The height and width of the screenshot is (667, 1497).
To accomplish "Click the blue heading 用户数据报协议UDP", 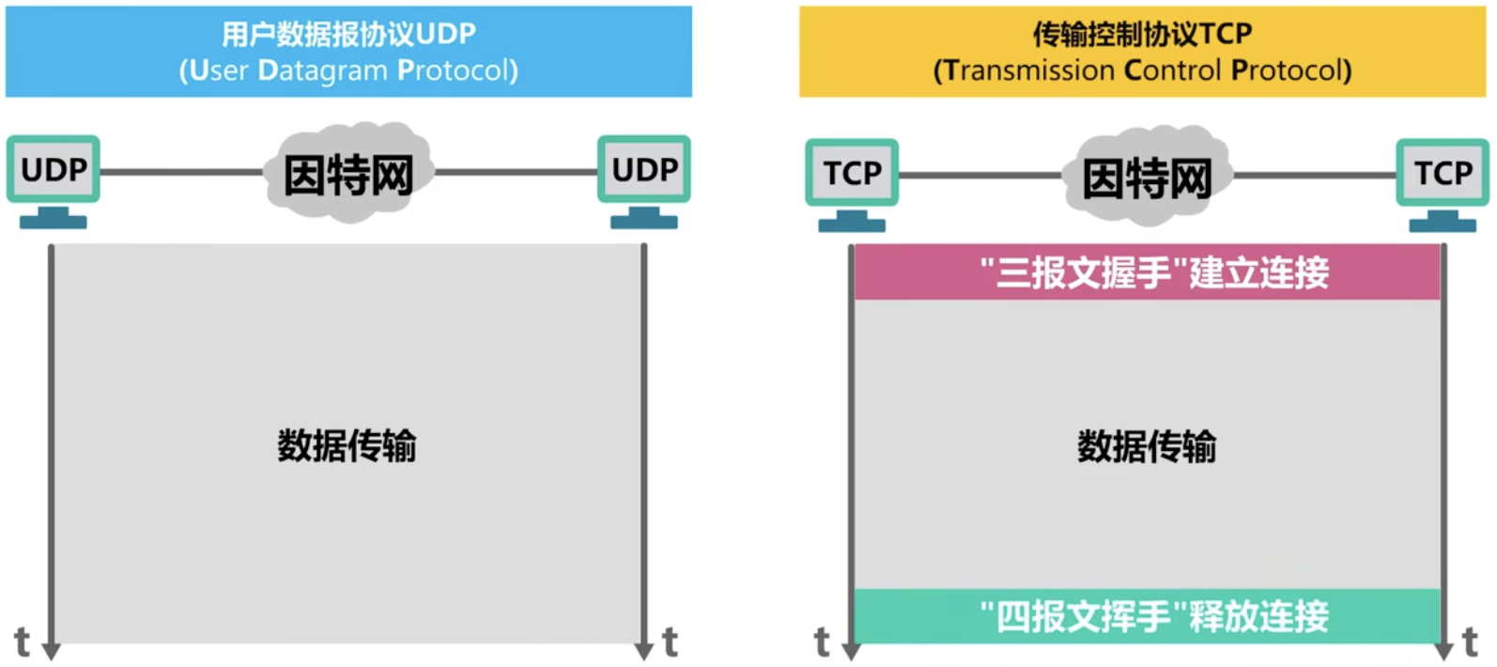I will tap(348, 34).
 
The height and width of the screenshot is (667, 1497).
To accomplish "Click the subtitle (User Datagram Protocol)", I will tap(348, 70).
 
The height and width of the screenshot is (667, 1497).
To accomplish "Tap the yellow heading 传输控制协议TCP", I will tap(1142, 34).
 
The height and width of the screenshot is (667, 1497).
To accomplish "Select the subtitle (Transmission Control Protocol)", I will tap(1142, 70).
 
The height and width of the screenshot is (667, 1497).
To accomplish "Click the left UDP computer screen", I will tap(54, 169).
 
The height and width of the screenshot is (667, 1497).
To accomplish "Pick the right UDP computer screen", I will tap(644, 169).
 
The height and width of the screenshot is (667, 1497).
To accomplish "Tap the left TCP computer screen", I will tap(852, 173).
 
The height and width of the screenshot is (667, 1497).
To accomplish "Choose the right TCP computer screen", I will tap(1443, 173).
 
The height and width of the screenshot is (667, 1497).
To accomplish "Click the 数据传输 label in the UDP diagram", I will tap(347, 445).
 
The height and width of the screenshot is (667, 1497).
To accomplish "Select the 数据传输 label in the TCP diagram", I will tap(1147, 446).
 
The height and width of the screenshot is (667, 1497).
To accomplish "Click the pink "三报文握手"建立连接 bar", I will tap(1147, 272).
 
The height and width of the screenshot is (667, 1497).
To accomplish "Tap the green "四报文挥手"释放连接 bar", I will tap(1147, 616).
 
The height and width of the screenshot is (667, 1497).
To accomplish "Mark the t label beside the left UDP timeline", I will tap(22, 643).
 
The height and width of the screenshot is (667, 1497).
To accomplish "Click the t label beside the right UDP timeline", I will tap(670, 643).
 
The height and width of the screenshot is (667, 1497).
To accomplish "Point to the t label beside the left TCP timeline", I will tap(822, 643).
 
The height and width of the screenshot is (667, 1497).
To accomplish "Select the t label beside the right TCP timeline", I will tap(1471, 643).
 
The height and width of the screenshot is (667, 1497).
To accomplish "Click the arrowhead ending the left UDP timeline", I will tap(52, 651).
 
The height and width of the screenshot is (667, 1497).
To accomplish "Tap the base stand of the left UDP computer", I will tap(54, 221).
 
